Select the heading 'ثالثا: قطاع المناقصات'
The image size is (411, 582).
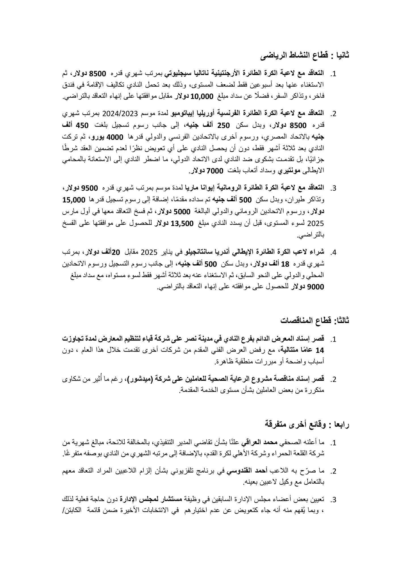pyautogui.click(x=314, y=320)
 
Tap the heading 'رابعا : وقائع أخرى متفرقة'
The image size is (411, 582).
pyautogui.click(x=307, y=425)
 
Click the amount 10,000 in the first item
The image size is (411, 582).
pyautogui.click(x=202, y=97)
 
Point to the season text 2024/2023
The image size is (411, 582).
pyautogui.click(x=122, y=113)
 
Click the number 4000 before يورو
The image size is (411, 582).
pyautogui.click(x=115, y=137)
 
